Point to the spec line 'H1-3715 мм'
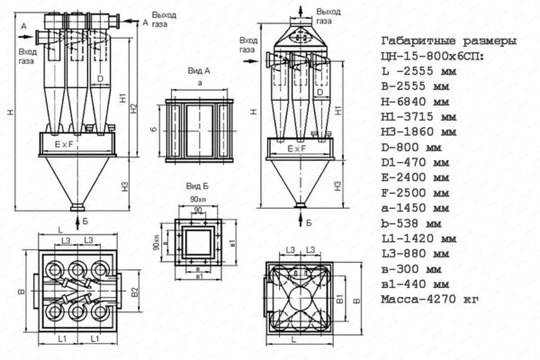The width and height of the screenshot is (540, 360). tap(418, 117)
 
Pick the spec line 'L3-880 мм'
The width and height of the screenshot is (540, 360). tap(415, 253)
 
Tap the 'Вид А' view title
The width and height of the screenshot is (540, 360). tap(198, 68)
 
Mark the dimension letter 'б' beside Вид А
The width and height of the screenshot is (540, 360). tap(154, 130)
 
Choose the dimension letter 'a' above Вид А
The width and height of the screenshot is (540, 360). tap(198, 81)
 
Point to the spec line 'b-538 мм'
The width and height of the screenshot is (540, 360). tap(412, 222)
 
